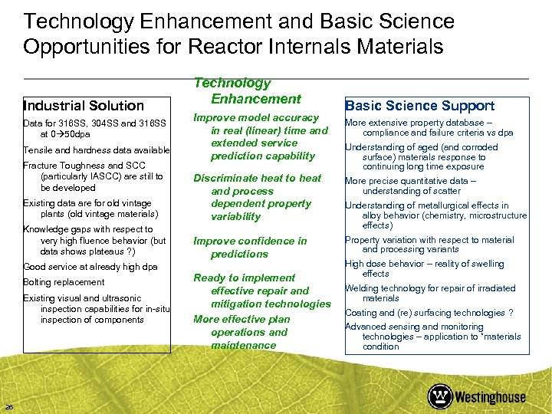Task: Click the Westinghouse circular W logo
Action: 440,396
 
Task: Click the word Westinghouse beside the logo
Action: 491,397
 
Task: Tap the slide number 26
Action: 8,406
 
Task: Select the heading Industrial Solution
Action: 84,106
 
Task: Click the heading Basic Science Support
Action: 419,106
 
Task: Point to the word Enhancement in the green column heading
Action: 256,99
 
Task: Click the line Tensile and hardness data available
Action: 96,150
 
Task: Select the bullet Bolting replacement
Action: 64,282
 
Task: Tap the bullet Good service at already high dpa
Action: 90,267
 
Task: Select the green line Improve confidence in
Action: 250,241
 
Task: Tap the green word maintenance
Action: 243,345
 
